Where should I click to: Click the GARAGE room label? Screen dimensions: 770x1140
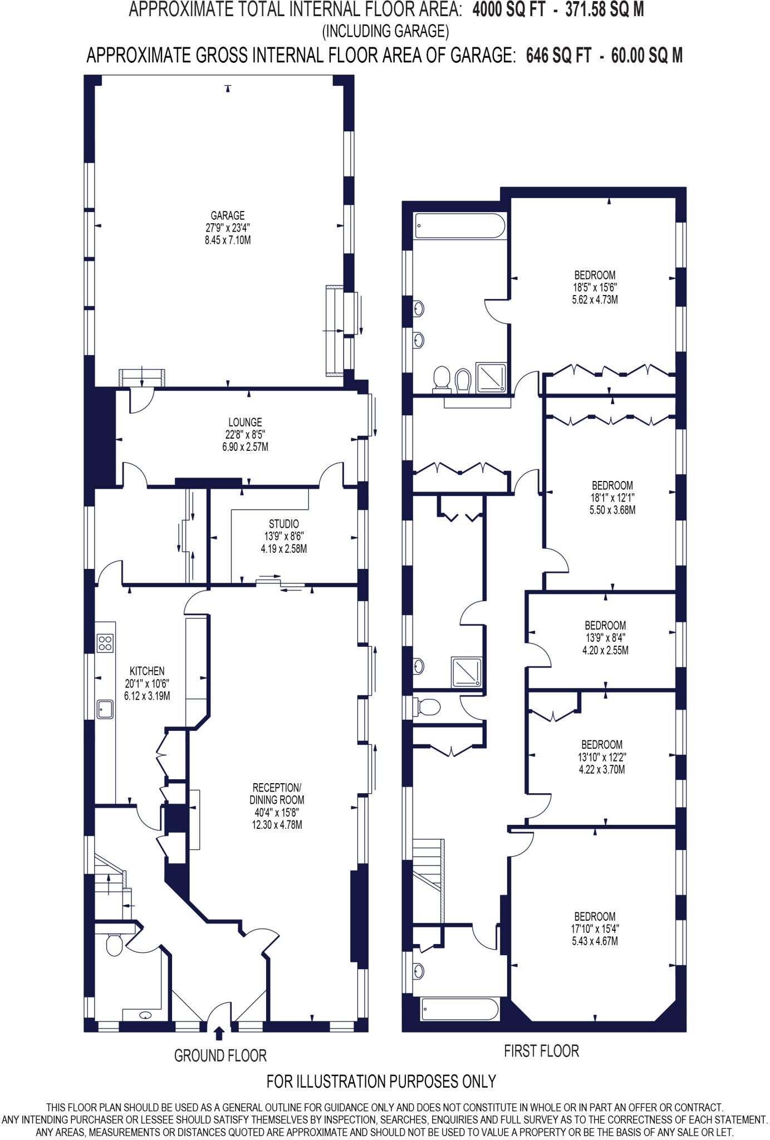coord(227,215)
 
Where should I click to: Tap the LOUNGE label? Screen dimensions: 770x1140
coord(245,422)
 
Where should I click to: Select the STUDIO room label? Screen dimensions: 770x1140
coord(283,524)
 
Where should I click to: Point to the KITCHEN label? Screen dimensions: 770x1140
coord(147,671)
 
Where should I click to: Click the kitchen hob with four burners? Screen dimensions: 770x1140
coord(105,643)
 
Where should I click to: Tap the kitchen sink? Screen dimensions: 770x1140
coord(105,709)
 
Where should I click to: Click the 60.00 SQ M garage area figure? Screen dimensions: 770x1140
coord(646,56)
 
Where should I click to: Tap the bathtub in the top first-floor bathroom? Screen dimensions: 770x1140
coord(460,227)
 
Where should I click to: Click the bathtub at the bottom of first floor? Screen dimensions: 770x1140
coord(460,1008)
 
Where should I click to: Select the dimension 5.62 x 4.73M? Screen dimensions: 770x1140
coord(595,300)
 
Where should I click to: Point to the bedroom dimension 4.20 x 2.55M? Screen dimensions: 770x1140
coord(605,650)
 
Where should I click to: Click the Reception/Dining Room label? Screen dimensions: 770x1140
coord(277,794)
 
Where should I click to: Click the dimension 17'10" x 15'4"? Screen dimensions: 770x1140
coord(595,928)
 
